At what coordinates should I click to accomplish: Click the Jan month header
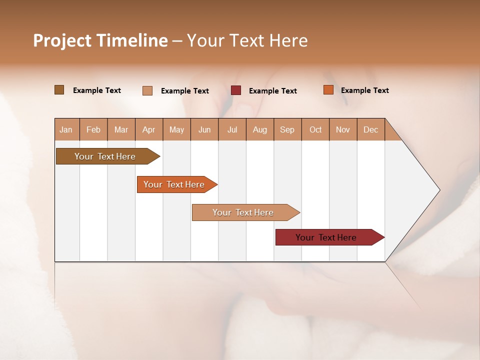66,129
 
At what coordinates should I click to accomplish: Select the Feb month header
93,129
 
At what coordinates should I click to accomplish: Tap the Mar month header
121,129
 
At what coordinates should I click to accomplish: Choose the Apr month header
149,129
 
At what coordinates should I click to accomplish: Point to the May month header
176,129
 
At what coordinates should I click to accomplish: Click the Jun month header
204,129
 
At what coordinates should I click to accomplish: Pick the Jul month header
232,129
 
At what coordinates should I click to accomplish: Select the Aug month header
260,129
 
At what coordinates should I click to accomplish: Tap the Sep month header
287,129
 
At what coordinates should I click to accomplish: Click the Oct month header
315,129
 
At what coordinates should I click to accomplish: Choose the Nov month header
343,129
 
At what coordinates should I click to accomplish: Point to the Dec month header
370,129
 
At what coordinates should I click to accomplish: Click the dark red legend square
236,90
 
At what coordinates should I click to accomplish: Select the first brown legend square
59,90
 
